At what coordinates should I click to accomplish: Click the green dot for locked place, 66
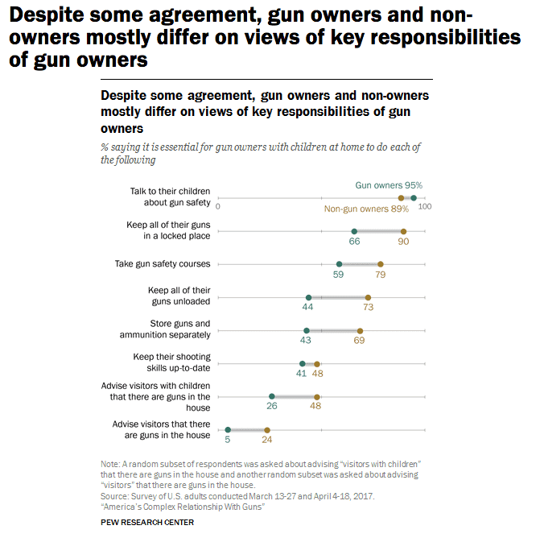pos(354,231)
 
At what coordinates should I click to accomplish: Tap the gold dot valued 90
pos(403,231)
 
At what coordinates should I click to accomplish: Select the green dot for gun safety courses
pos(339,264)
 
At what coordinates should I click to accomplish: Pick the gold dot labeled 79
pos(381,264)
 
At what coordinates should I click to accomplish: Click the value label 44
pos(307,308)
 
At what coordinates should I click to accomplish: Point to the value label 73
pos(369,308)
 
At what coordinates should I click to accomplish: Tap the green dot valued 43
pos(307,330)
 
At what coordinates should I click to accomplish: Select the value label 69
pos(359,341)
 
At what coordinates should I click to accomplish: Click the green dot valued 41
pos(303,364)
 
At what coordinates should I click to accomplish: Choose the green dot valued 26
pos(272,397)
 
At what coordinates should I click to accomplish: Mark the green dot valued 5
pos(228,430)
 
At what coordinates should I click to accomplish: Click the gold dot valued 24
pos(267,430)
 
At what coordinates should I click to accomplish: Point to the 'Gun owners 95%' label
pos(389,185)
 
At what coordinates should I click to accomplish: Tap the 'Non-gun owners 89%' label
pos(366,209)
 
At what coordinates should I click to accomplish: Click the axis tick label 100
pos(425,207)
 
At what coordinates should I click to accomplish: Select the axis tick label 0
pos(218,207)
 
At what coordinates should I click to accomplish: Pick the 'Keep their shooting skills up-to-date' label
pos(171,362)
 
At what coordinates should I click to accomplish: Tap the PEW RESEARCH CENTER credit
pos(147,522)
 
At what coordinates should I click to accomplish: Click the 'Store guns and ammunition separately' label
pos(170,329)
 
